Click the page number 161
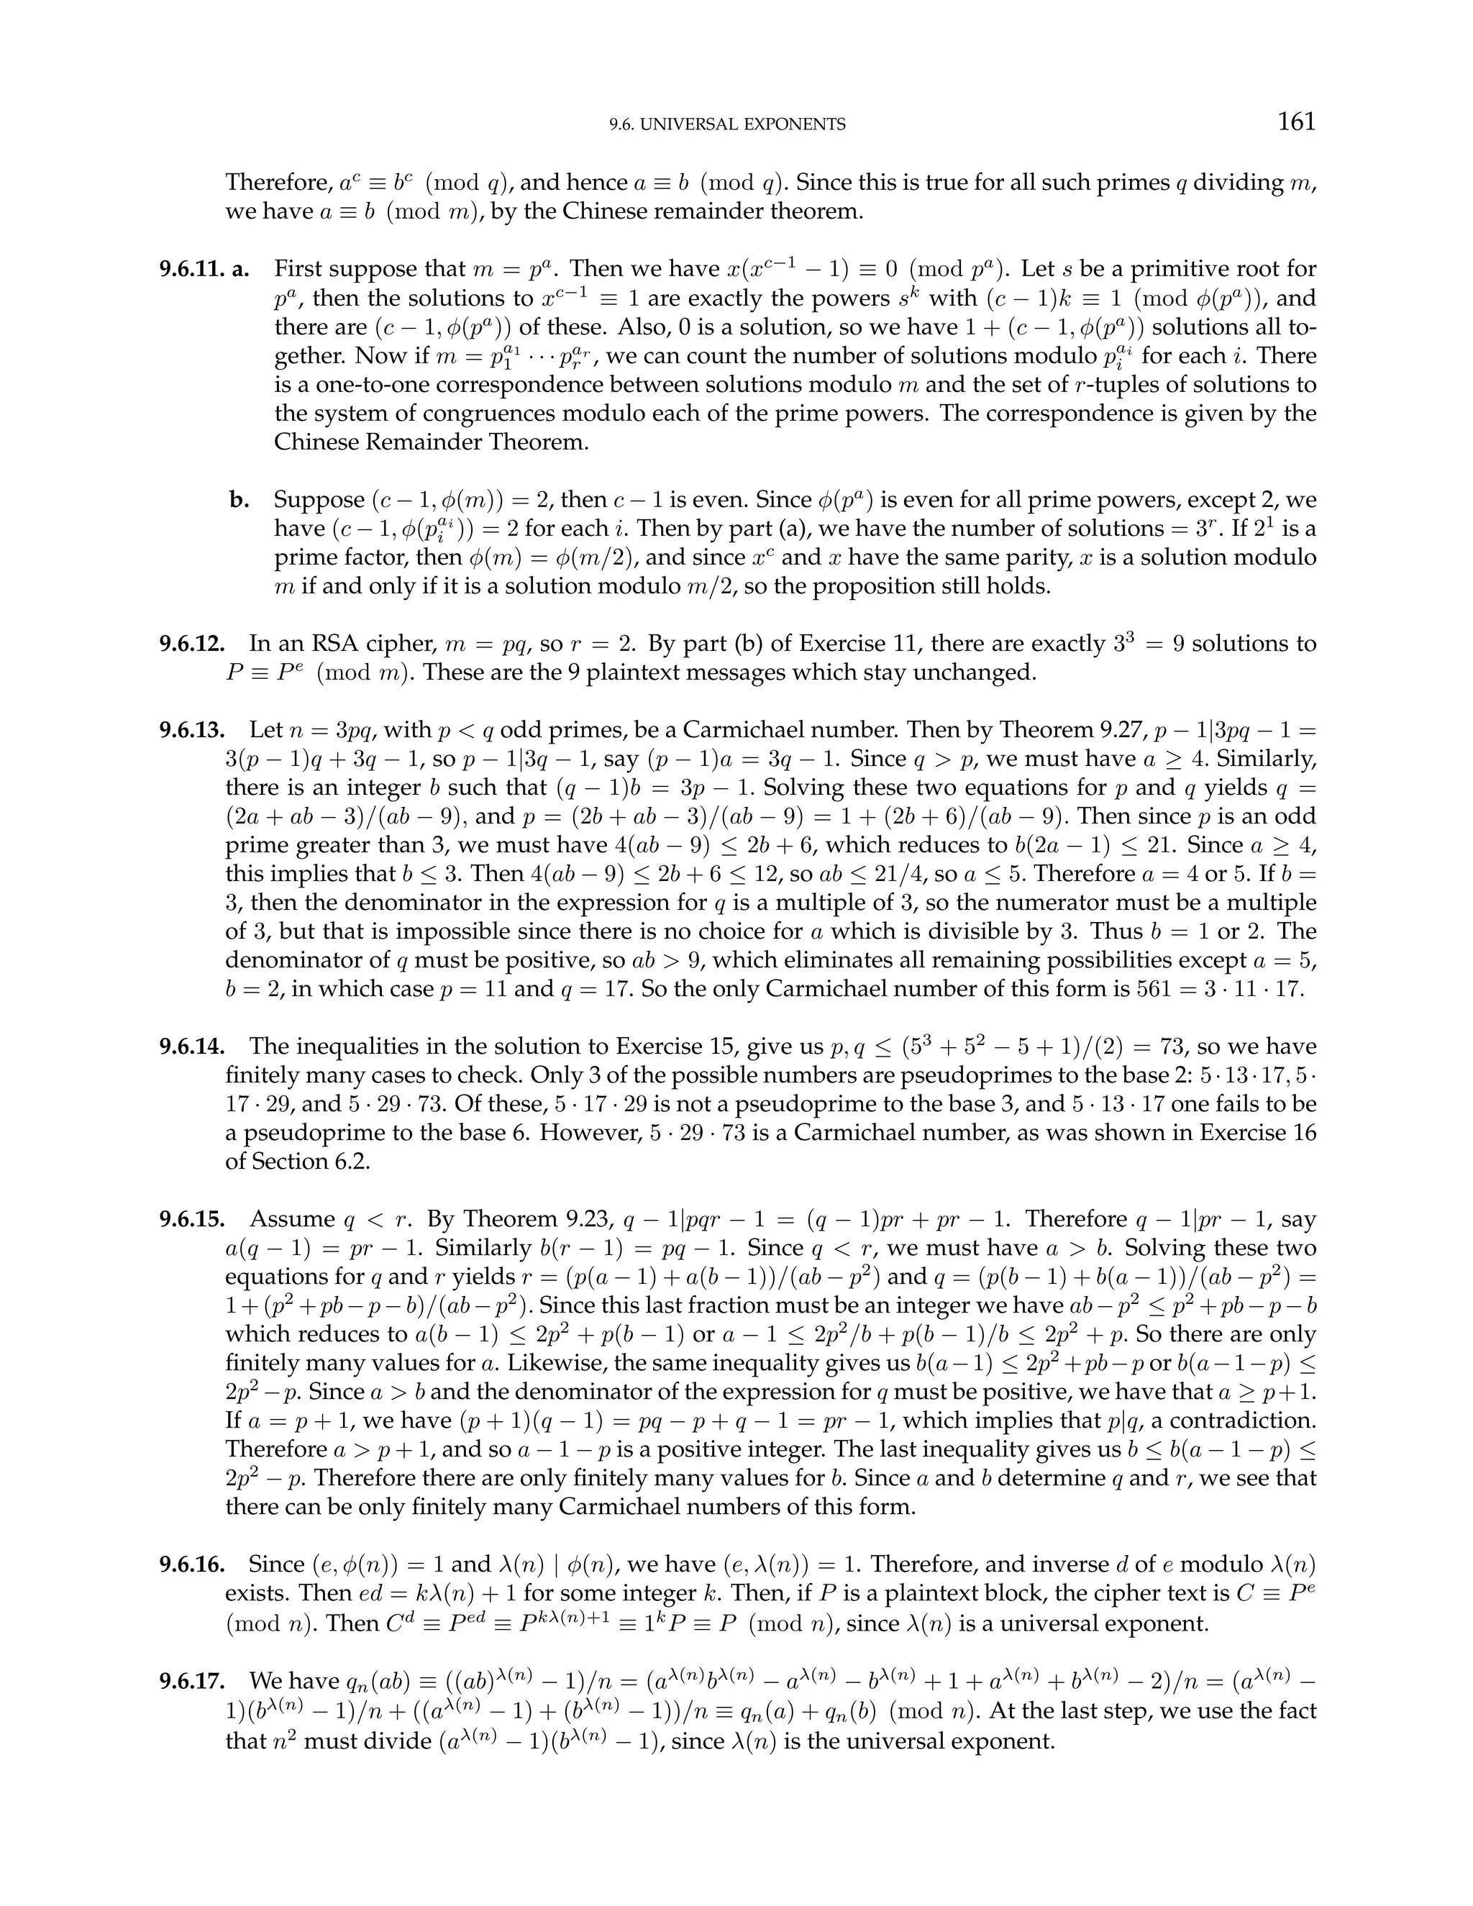click(x=1296, y=122)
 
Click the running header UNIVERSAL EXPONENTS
click(x=727, y=125)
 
